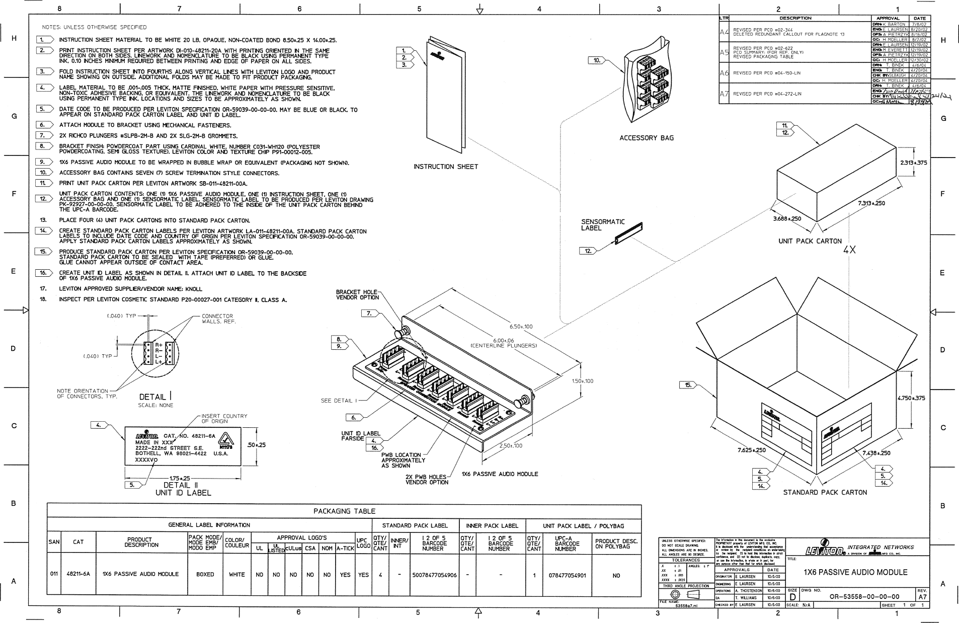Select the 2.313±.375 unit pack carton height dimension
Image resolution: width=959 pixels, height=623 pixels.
913,163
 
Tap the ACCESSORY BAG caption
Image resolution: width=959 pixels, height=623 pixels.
646,138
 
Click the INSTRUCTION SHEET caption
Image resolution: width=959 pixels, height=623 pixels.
445,167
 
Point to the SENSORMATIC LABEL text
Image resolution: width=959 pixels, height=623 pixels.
603,225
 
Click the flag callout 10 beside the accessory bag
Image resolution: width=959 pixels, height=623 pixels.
598,60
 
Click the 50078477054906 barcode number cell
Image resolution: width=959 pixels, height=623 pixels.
433,575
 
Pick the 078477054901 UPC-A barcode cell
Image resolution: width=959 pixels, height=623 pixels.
567,575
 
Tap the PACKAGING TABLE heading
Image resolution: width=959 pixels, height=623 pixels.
344,511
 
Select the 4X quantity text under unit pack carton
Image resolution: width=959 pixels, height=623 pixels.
849,250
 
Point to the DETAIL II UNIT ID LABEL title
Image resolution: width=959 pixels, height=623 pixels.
183,489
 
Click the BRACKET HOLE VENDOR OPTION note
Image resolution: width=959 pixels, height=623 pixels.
357,294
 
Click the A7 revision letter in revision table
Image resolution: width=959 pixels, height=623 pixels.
724,94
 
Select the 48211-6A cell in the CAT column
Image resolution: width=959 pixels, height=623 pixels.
78,574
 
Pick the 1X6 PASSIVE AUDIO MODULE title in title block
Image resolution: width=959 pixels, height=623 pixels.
855,572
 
